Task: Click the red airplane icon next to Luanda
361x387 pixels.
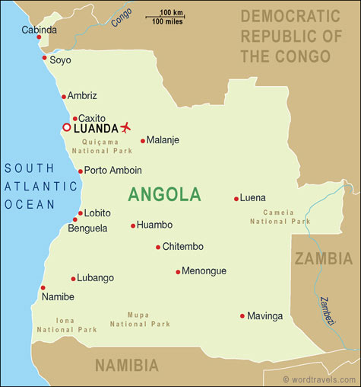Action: click(125, 126)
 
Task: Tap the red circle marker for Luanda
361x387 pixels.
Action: click(66, 127)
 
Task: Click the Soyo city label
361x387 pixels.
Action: click(60, 59)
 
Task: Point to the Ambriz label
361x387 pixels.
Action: click(82, 96)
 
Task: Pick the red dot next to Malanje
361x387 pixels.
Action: click(142, 140)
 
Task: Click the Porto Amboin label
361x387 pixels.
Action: click(112, 171)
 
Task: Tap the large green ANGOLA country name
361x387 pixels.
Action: click(164, 194)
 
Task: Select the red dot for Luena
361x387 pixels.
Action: click(236, 198)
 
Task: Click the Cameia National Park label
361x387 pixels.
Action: click(280, 216)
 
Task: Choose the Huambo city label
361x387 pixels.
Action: click(154, 225)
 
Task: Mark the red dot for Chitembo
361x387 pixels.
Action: click(158, 247)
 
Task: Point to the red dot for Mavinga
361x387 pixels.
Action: click(242, 315)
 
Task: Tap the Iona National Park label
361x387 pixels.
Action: click(66, 325)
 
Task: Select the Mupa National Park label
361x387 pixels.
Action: click(140, 318)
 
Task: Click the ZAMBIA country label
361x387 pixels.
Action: click(324, 257)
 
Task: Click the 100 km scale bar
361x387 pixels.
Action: click(174, 17)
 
